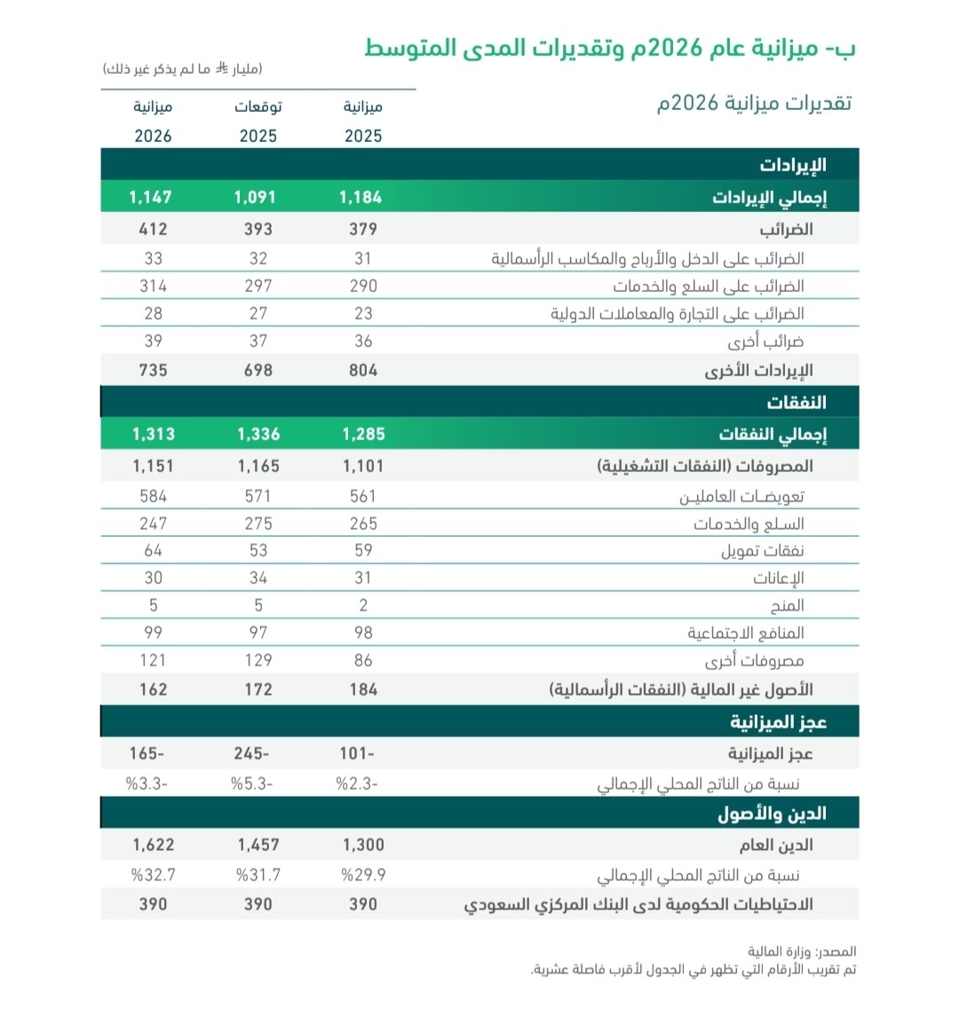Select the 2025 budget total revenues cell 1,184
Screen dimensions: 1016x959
[362, 197]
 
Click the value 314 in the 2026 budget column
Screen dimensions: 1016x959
[153, 286]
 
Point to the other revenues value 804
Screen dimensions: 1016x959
[362, 370]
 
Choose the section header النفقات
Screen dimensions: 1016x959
[796, 402]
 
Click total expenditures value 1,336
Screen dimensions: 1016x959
[258, 434]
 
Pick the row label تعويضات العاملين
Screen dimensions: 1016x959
[741, 497]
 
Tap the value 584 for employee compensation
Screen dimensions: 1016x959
[153, 497]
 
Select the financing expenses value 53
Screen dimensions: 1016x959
[258, 551]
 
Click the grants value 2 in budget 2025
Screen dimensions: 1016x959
[362, 605]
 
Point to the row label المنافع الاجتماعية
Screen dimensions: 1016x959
[745, 633]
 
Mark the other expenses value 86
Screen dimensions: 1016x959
[362, 660]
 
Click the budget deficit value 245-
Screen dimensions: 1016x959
[250, 753]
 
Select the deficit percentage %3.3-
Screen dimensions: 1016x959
[150, 784]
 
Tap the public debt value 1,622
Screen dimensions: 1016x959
[153, 846]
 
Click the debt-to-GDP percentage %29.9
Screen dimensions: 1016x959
[363, 875]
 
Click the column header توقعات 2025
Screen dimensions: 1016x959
[258, 122]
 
